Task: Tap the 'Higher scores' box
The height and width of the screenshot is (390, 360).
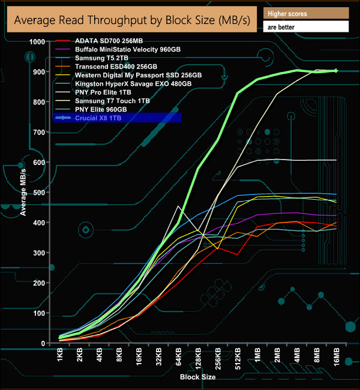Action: (x=305, y=13)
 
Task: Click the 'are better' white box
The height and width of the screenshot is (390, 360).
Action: (x=305, y=27)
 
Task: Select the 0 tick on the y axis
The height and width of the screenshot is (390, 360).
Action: (x=43, y=344)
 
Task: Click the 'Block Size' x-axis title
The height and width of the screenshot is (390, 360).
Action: (x=197, y=377)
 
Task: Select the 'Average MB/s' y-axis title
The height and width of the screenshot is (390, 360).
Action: (x=22, y=191)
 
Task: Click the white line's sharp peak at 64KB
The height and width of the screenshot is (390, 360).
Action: (x=178, y=206)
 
